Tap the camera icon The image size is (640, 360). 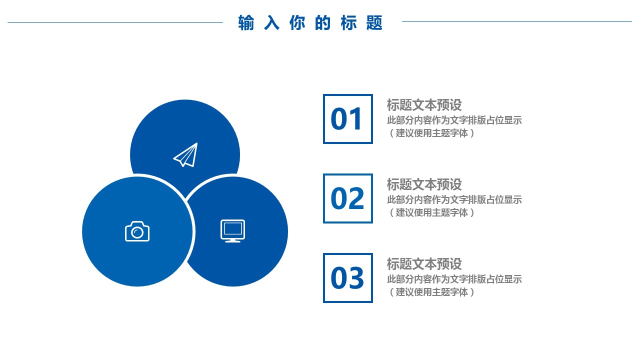(137, 231)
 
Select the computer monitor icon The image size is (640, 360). (232, 231)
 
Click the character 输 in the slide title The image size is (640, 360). (246, 22)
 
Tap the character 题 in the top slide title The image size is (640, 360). (374, 22)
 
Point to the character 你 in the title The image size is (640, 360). (297, 22)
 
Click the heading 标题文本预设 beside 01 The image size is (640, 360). (424, 105)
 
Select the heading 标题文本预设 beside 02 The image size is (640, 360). (424, 184)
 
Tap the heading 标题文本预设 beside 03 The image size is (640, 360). (424, 263)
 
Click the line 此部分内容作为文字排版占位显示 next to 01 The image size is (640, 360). (454, 120)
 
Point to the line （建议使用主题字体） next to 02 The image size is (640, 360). (431, 212)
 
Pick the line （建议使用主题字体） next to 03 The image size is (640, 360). (431, 292)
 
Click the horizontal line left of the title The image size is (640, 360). (115, 22)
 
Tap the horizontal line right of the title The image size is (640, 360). (517, 21)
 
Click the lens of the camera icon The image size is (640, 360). (137, 232)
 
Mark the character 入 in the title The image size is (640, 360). (271, 22)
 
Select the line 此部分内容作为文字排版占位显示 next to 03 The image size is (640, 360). (454, 279)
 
